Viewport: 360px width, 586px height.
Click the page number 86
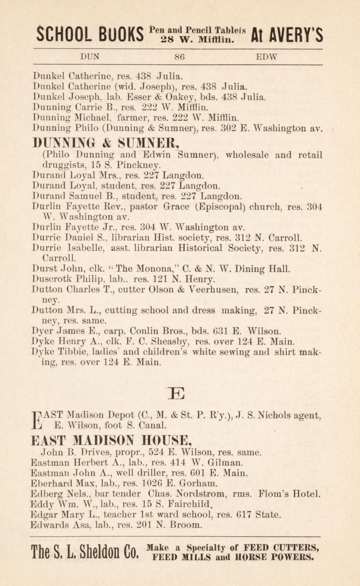180,57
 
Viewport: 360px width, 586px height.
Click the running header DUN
90,57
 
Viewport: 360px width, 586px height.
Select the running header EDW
266,57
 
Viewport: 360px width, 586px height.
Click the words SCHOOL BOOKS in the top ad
90,34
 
